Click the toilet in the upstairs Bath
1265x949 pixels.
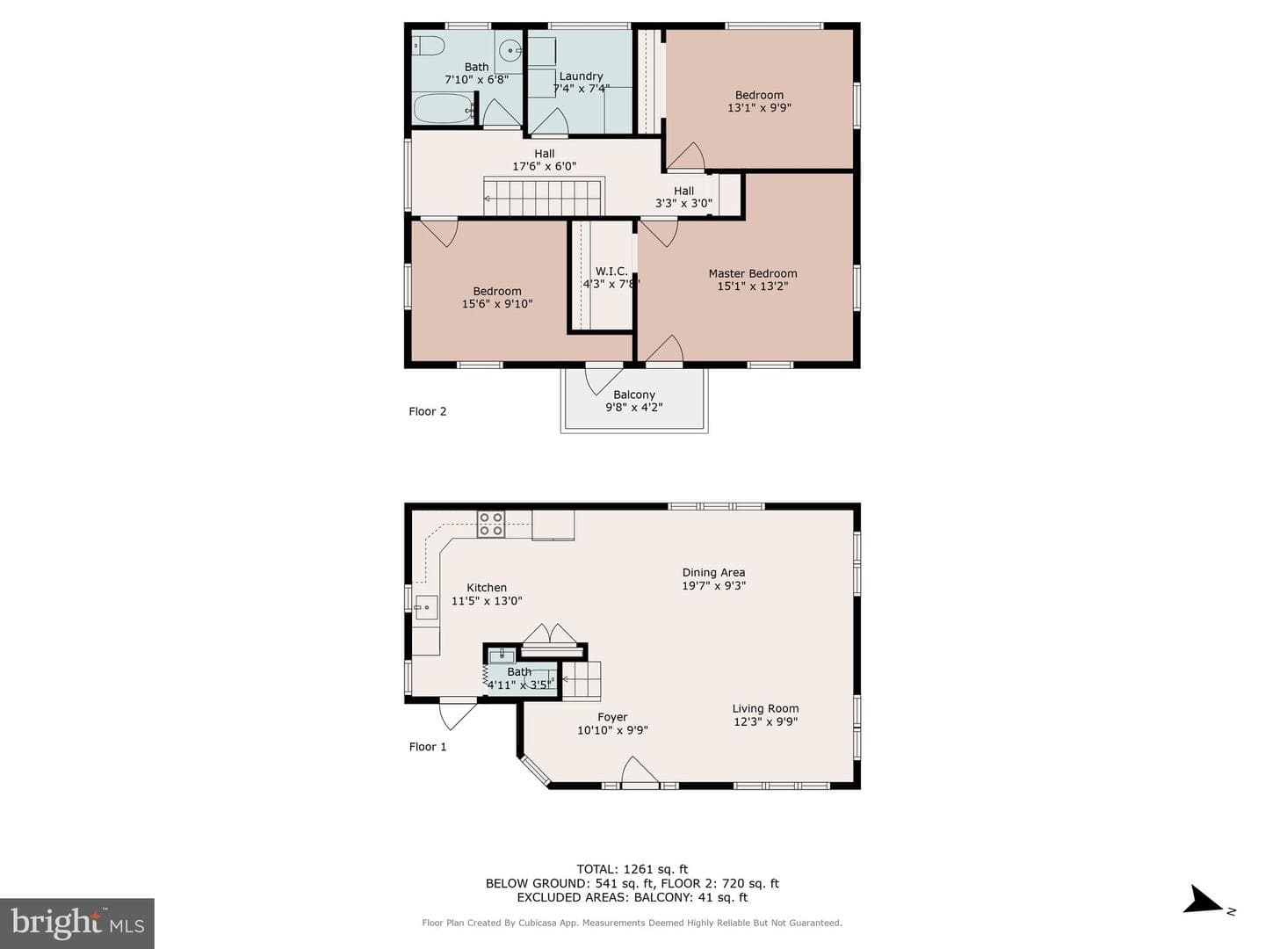(x=428, y=46)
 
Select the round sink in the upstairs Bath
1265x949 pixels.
(x=510, y=51)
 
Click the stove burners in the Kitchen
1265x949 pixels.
(x=490, y=524)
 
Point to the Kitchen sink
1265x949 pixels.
(x=426, y=607)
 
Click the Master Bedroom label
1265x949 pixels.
(x=753, y=273)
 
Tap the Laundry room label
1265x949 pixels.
(x=581, y=76)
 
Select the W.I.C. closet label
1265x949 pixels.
(x=611, y=271)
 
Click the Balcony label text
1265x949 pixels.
(x=634, y=395)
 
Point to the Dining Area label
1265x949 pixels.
(x=713, y=572)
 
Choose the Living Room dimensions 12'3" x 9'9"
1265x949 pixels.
(x=765, y=721)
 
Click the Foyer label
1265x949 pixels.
(x=612, y=717)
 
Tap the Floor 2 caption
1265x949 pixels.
(x=428, y=411)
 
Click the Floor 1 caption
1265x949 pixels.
(x=428, y=747)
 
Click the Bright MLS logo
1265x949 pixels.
(x=77, y=924)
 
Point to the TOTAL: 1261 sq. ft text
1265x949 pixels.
(x=632, y=869)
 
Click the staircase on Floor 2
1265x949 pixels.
(x=544, y=197)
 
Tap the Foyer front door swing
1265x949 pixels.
(x=640, y=770)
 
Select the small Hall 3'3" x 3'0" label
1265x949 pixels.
(x=683, y=197)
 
